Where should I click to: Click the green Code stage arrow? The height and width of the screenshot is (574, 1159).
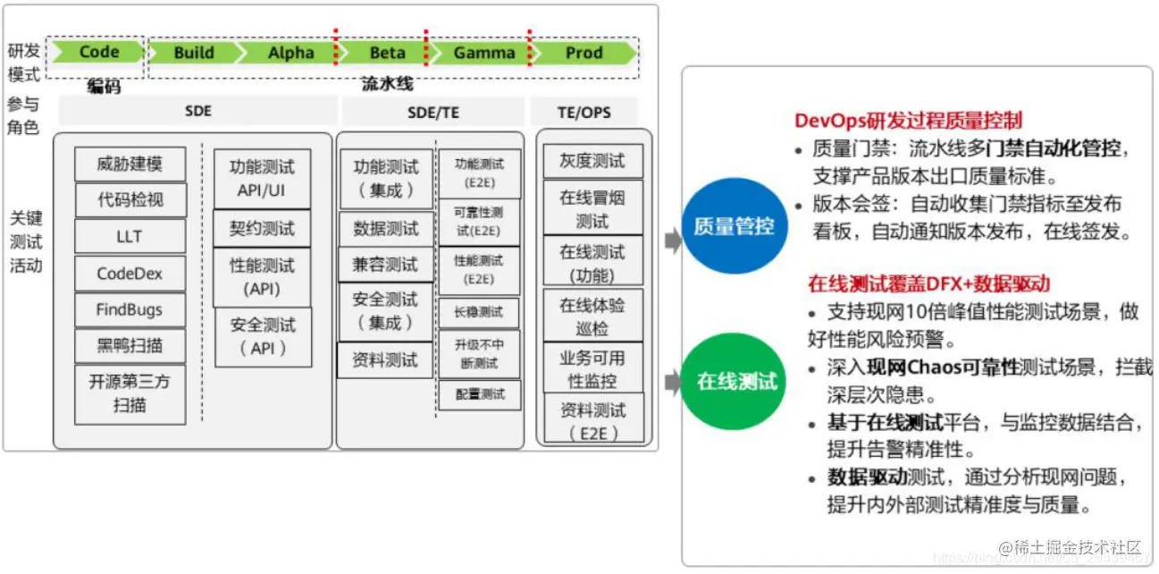click(x=97, y=53)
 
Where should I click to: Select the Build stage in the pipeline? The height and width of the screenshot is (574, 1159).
click(x=194, y=53)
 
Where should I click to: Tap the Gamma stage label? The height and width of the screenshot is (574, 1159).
click(x=483, y=53)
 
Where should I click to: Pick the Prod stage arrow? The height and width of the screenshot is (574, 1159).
click(x=584, y=53)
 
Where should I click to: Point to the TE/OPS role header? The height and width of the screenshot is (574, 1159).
click(x=584, y=112)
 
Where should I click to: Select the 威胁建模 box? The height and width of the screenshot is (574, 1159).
click(x=130, y=165)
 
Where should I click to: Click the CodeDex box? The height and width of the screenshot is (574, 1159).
click(x=130, y=274)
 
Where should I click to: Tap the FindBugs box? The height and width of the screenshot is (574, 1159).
click(x=130, y=310)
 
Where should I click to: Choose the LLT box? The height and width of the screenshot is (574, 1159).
click(x=130, y=237)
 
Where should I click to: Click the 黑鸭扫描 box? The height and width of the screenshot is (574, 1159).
click(x=130, y=346)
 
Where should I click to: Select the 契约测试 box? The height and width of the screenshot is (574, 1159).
click(x=262, y=228)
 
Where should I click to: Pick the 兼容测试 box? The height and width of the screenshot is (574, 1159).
click(x=385, y=265)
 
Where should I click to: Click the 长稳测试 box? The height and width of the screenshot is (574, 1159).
click(x=479, y=312)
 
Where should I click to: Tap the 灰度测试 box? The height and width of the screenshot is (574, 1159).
click(x=592, y=162)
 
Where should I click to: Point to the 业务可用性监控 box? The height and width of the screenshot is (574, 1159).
click(x=592, y=368)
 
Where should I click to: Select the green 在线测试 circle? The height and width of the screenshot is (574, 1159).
click(x=736, y=382)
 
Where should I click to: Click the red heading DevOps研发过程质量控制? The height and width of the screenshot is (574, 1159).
click(x=908, y=121)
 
